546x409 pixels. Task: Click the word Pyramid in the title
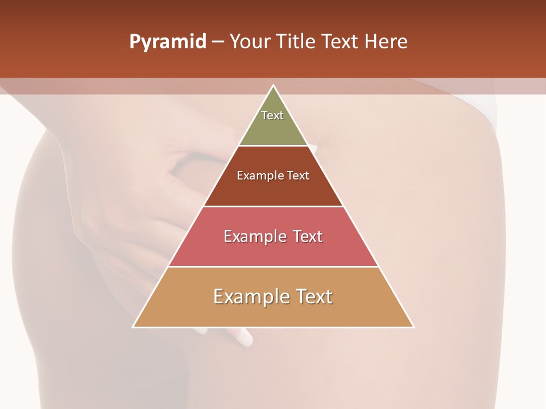click(168, 42)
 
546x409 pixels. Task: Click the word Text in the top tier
click(272, 115)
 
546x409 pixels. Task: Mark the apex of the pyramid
click(274, 86)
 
